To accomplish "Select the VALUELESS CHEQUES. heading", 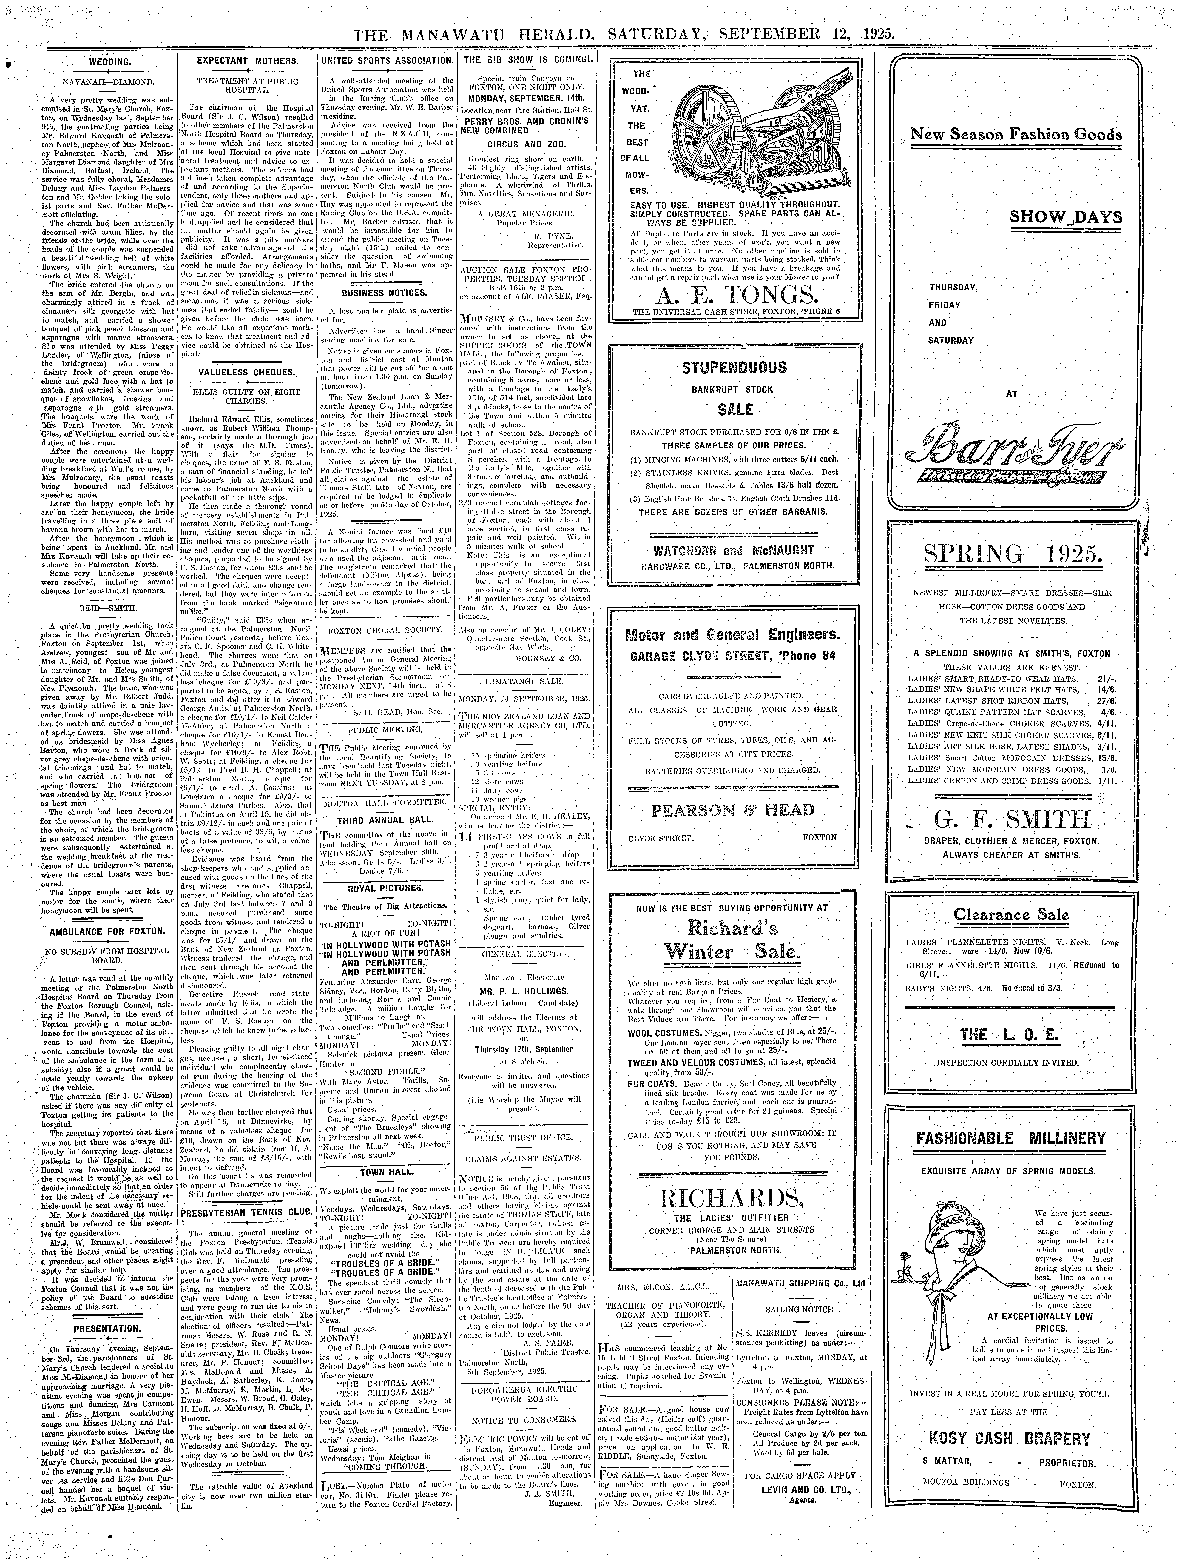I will (246, 372).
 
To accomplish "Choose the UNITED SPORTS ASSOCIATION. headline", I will (386, 62).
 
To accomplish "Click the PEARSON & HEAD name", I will (732, 810).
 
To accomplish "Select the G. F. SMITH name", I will (1013, 820).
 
